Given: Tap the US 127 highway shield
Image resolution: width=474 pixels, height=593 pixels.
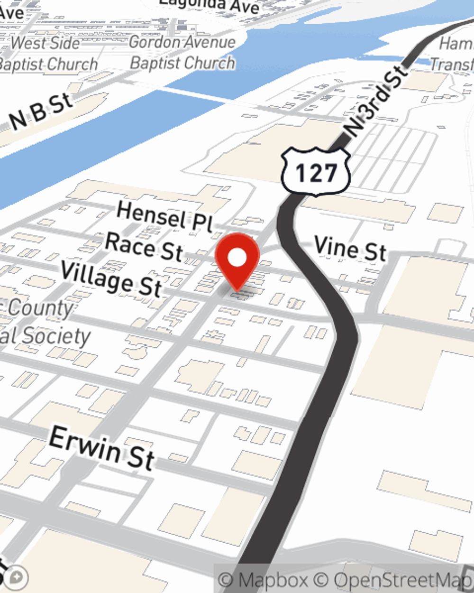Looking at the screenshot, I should (x=316, y=172).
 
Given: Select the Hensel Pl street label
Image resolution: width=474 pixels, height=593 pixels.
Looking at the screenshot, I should (x=164, y=216).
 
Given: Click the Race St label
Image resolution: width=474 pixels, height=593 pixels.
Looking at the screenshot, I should (x=144, y=246).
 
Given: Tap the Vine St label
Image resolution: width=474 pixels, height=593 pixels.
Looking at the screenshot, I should (x=350, y=248).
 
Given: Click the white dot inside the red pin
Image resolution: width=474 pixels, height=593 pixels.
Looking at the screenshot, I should (x=237, y=258).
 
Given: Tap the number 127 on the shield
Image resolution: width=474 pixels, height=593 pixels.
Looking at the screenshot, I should (x=316, y=173).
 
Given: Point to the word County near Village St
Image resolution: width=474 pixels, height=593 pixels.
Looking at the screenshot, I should (x=40, y=308).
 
